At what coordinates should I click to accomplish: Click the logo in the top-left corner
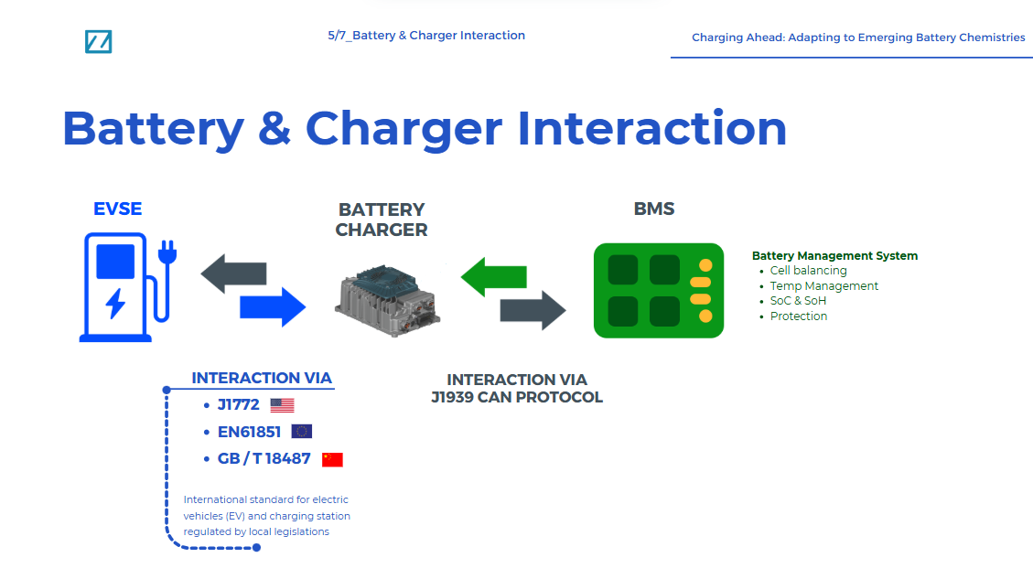[98, 41]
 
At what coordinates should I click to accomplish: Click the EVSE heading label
[118, 209]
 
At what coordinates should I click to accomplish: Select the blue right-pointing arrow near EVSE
[272, 306]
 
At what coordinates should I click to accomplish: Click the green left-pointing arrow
[493, 276]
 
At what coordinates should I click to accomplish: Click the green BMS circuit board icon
[658, 290]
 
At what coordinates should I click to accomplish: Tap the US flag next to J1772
[282, 405]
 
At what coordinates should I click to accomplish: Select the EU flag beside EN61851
[302, 432]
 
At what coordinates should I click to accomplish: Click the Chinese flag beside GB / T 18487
[332, 459]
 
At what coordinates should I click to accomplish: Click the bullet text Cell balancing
[808, 271]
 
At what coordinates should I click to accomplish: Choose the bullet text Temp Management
[823, 286]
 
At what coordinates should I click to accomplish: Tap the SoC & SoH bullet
[798, 301]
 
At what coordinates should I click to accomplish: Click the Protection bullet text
[798, 316]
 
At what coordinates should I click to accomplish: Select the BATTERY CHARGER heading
[382, 220]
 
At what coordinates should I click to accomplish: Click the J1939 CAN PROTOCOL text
[517, 398]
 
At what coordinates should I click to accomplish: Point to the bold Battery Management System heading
[834, 256]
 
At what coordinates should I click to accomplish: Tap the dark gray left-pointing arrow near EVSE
[233, 273]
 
